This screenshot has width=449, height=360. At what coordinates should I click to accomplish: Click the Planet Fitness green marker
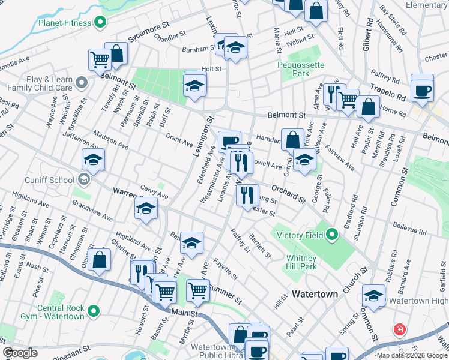pyautogui.click(x=100, y=23)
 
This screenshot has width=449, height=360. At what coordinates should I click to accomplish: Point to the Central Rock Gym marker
pyautogui.click(x=93, y=311)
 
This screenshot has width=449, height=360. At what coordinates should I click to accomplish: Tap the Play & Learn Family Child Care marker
pyautogui.click(x=81, y=81)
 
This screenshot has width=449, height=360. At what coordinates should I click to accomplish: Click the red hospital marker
pyautogui.click(x=399, y=329)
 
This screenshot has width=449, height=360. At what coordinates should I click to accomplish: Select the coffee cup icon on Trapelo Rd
pyautogui.click(x=423, y=88)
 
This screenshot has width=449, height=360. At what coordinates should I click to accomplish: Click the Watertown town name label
pyautogui.click(x=316, y=295)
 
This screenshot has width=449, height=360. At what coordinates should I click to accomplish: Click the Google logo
pyautogui.click(x=20, y=353)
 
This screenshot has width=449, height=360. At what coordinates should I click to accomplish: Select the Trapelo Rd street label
pyautogui.click(x=388, y=92)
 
